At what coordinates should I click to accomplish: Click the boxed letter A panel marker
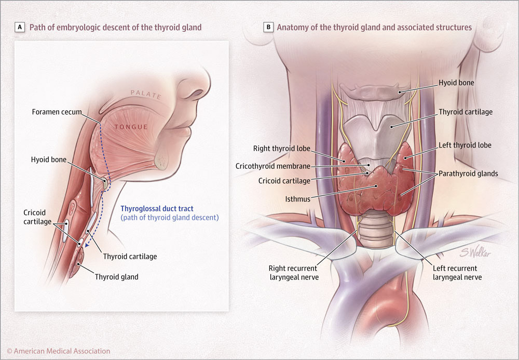[19, 27]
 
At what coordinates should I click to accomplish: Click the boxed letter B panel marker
[268, 27]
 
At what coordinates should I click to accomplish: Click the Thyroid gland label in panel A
[116, 277]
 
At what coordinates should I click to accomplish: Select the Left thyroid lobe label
[465, 145]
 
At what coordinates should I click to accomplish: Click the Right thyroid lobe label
[281, 149]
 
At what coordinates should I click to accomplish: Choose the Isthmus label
[298, 198]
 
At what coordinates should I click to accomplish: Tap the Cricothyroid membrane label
[273, 166]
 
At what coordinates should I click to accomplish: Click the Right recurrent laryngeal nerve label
[293, 273]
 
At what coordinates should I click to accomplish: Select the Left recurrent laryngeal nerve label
[457, 273]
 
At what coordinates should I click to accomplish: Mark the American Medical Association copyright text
[59, 351]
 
